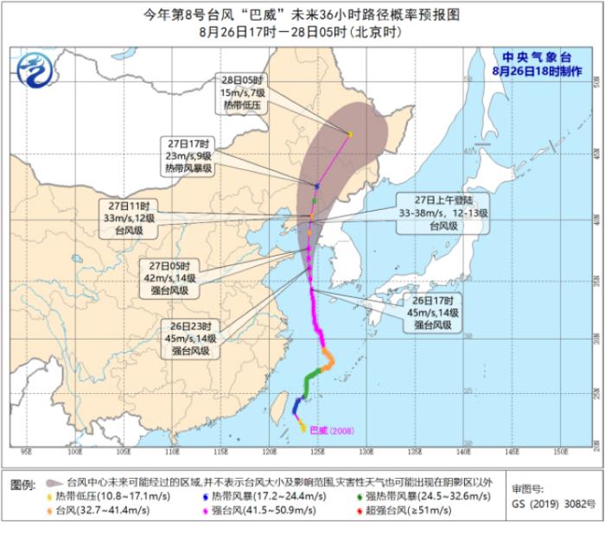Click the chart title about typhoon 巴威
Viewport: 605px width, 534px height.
[x=302, y=15]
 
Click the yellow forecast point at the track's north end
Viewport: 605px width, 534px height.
[x=350, y=134]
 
